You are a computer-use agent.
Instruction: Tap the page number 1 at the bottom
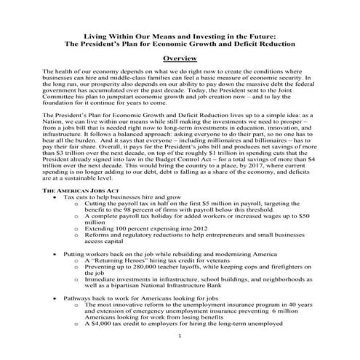pyautogui.click(x=180, y=338)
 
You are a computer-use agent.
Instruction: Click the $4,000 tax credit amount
pyautogui.click(x=105, y=327)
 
